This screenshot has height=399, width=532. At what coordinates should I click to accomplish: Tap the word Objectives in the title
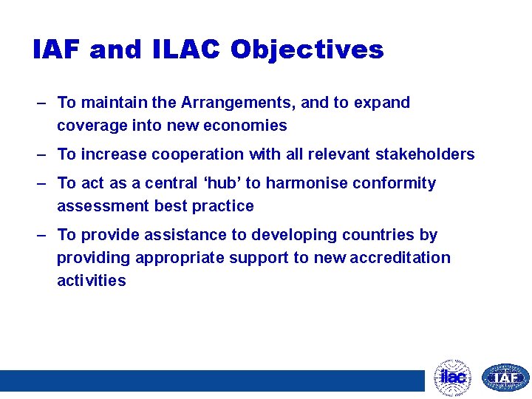[307, 50]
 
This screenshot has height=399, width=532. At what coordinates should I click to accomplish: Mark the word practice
[224, 206]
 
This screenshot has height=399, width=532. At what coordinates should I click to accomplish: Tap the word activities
[92, 281]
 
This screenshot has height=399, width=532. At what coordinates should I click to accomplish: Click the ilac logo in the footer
[452, 378]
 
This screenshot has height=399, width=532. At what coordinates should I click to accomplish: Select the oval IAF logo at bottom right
[505, 378]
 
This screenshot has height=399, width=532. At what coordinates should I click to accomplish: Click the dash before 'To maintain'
[43, 103]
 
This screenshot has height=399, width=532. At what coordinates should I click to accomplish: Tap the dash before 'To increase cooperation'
[43, 154]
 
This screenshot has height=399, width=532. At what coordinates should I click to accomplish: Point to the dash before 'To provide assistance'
[43, 235]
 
